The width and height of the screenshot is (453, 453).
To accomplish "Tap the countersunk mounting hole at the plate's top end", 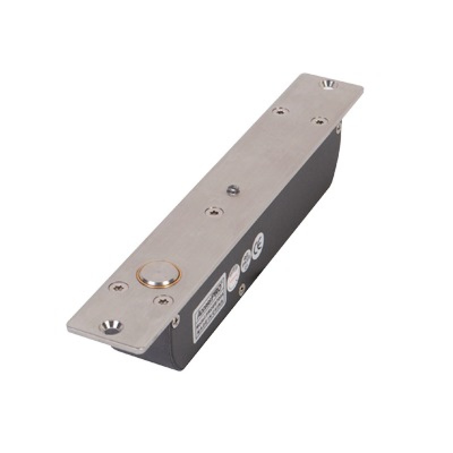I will click(327, 84).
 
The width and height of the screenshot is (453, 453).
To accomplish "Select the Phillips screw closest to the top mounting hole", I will click(319, 120).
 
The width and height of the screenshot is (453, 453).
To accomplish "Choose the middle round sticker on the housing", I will click(246, 259).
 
